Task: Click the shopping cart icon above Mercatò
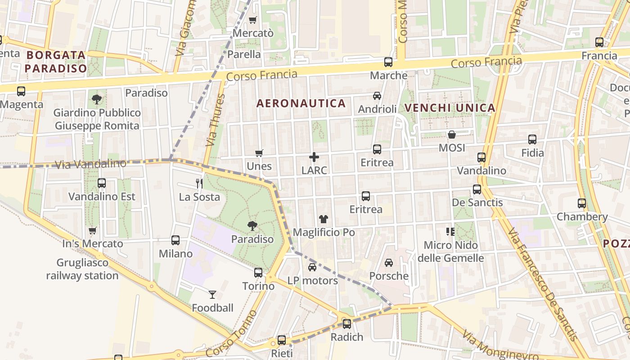(x=252, y=20)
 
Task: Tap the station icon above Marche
(x=388, y=62)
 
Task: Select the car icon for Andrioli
(x=377, y=96)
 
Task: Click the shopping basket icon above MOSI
(x=452, y=135)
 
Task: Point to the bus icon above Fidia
(x=532, y=139)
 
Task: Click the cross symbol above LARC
(x=314, y=157)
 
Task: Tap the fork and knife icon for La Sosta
(x=199, y=183)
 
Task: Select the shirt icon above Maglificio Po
(x=324, y=219)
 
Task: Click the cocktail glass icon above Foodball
(x=212, y=295)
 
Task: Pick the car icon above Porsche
(x=389, y=263)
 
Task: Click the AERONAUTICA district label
(x=301, y=103)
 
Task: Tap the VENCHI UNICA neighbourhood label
(x=450, y=108)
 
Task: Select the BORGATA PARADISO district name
(x=56, y=62)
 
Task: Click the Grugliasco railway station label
(x=82, y=269)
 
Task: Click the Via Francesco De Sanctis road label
(x=543, y=284)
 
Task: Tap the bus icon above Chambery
(x=582, y=203)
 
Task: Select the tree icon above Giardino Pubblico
(x=97, y=99)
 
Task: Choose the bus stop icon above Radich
(x=346, y=324)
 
